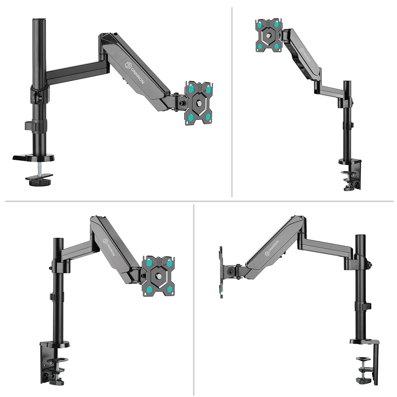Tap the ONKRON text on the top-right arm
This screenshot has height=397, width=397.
305,55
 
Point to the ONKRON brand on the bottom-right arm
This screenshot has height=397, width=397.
272,248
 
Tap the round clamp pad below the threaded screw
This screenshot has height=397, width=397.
37,182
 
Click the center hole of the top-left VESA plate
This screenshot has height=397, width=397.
199,103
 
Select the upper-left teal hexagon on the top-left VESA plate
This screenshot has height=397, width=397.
191,89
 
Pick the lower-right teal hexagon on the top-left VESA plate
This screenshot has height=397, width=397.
208,117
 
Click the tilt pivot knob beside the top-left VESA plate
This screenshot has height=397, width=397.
181,104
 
